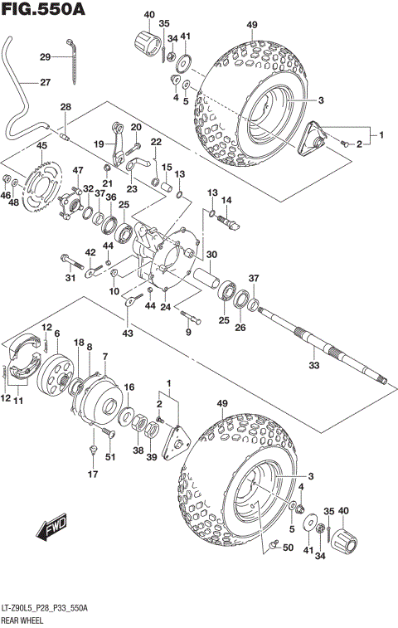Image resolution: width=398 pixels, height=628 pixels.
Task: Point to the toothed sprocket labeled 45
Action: pyautogui.click(x=37, y=182)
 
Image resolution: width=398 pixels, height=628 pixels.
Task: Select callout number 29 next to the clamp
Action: pyautogui.click(x=45, y=57)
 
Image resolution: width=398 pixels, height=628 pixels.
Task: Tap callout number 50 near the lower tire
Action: pyautogui.click(x=288, y=548)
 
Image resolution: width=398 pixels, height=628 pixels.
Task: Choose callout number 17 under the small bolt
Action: pyautogui.click(x=94, y=475)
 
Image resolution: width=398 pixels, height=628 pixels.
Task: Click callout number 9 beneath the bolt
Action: pyautogui.click(x=187, y=333)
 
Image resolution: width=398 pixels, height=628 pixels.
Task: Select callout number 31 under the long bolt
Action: pyautogui.click(x=70, y=277)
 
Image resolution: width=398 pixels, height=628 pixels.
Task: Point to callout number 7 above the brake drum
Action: pyautogui.click(x=105, y=357)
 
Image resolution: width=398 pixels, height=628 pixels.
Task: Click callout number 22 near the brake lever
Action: pyautogui.click(x=154, y=144)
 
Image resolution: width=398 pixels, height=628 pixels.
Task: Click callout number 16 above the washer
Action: pyautogui.click(x=129, y=387)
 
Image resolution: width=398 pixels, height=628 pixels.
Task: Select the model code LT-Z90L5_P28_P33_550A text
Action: pyautogui.click(x=48, y=609)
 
